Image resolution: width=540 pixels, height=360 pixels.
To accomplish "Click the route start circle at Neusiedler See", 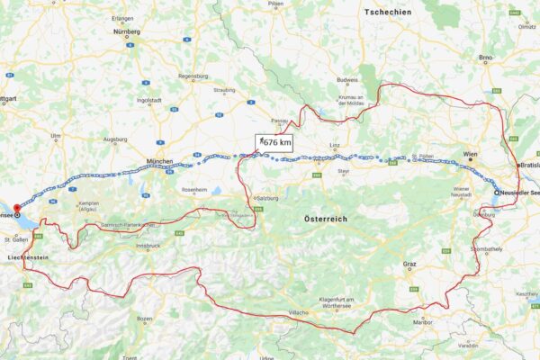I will coord(496,192).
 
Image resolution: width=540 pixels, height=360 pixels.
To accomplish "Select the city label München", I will coord(158,162).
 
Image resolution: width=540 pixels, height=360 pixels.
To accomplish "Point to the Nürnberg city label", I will coord(127,31).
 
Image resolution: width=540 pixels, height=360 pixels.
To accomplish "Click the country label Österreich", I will coord(325,219).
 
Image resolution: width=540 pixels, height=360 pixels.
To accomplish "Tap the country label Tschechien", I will coord(390,12).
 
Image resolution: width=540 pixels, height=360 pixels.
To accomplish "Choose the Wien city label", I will coord(469,155).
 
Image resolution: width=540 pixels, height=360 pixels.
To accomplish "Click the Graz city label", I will coord(409,265).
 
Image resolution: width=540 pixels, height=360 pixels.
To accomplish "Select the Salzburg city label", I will coord(264,198).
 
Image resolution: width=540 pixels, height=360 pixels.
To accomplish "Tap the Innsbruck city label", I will coord(148,246).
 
